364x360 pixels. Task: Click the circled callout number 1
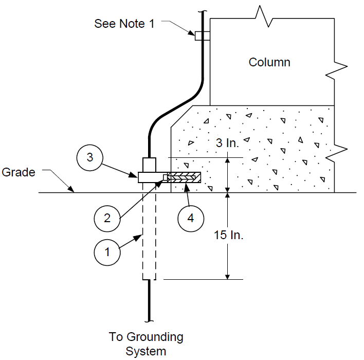[107, 252]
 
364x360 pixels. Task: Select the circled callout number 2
[107, 219]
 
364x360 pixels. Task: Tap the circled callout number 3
[89, 158]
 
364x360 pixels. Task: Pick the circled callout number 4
[191, 219]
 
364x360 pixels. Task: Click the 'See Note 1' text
[124, 24]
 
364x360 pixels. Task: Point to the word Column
[269, 62]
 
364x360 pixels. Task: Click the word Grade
[19, 172]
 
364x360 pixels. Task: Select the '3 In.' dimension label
[227, 143]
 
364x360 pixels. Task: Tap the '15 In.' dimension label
[228, 235]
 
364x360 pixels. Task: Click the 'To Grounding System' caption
[146, 344]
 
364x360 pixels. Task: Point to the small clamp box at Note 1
[203, 36]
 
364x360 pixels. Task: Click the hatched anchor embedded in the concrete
[184, 177]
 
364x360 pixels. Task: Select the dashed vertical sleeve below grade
[149, 231]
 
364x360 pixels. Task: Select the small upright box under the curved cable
[149, 165]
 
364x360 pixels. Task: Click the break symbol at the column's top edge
[264, 16]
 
